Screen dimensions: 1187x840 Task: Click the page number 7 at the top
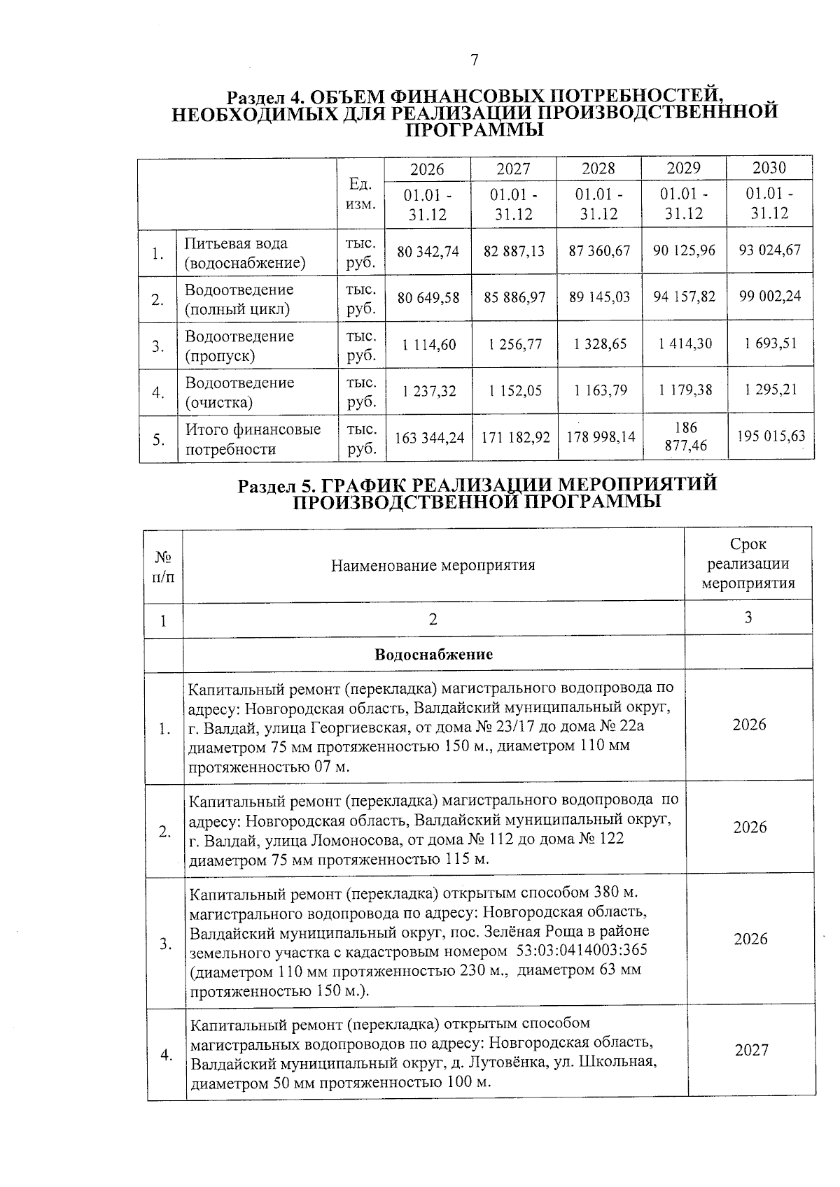474,60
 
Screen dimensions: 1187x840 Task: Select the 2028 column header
598,169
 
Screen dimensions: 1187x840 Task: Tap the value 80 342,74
428,251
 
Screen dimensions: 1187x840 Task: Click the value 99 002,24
770,296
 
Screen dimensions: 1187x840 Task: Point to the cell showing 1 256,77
514,344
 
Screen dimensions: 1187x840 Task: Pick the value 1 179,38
684,390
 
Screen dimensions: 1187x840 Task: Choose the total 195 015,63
771,436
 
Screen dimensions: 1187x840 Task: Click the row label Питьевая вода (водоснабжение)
245,253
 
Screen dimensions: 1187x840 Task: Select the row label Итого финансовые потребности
253,439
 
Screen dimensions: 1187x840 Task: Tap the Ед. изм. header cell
360,194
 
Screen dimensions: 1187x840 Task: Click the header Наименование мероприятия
433,565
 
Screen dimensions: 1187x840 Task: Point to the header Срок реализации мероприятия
748,564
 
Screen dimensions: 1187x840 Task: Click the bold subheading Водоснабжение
433,655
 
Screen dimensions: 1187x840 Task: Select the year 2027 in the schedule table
751,1050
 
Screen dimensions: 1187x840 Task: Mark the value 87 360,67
599,250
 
